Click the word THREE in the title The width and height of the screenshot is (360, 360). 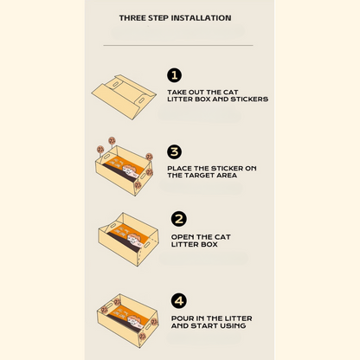click(x=132, y=18)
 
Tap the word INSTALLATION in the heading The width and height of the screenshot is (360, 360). click(x=201, y=18)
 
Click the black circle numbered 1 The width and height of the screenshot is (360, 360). click(x=174, y=75)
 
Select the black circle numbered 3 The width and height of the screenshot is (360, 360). click(x=174, y=151)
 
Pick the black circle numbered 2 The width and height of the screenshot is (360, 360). click(x=179, y=219)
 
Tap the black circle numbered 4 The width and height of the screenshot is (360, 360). click(x=179, y=301)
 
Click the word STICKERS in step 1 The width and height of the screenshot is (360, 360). click(x=249, y=99)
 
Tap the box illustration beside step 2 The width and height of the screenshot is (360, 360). click(x=129, y=239)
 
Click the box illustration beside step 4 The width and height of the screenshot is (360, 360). click(x=128, y=320)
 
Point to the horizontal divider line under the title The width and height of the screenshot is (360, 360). click(x=178, y=45)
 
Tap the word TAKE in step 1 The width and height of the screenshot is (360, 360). click(x=177, y=93)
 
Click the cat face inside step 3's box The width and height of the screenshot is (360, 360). click(x=130, y=170)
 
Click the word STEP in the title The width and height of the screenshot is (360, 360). click(x=158, y=18)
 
